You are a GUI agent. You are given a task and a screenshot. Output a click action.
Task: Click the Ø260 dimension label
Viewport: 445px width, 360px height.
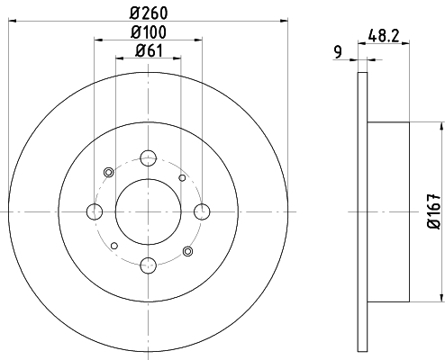[149, 13]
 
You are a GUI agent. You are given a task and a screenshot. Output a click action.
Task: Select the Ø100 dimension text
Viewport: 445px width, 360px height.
[149, 32]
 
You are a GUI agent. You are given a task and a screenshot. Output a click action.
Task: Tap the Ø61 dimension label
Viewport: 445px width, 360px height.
[149, 50]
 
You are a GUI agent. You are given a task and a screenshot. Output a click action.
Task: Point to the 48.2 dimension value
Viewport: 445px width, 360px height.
[384, 36]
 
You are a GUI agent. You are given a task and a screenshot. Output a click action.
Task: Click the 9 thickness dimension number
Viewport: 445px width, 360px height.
[338, 52]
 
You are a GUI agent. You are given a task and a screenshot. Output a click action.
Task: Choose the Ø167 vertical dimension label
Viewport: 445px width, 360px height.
[434, 211]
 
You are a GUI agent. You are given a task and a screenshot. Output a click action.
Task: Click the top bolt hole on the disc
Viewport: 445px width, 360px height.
[149, 158]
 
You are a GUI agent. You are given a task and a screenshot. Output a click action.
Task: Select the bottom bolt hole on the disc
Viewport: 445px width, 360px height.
[149, 265]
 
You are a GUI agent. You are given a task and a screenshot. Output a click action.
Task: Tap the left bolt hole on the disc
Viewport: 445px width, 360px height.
[95, 211]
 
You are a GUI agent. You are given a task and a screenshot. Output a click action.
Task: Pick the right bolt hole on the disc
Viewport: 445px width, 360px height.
[202, 211]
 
